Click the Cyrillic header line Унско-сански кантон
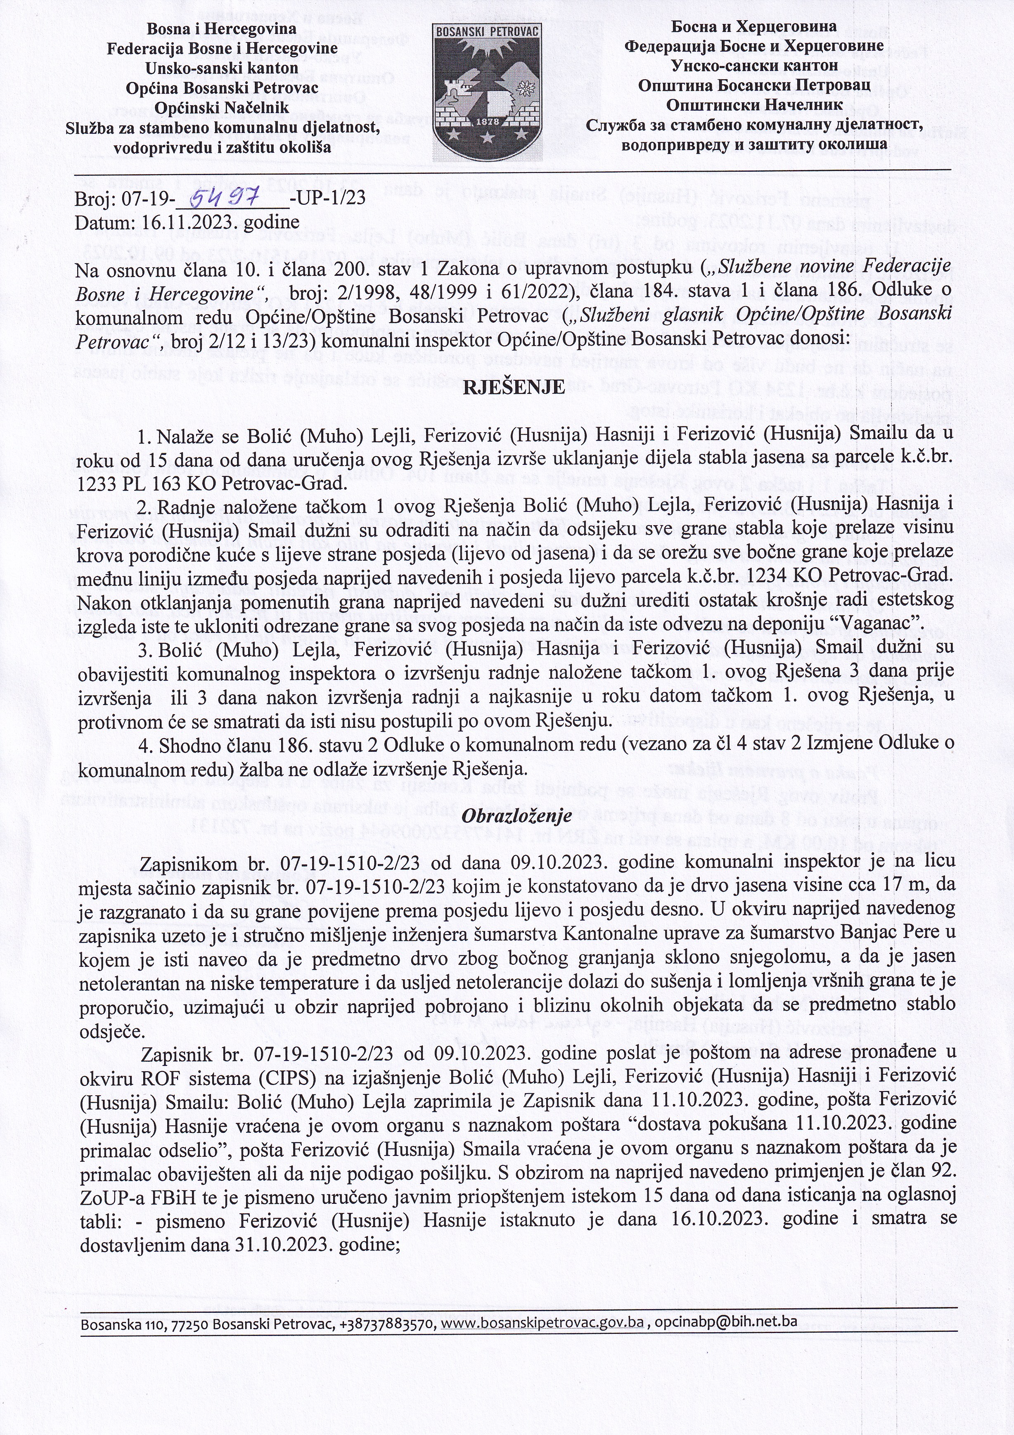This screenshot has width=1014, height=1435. pos(754,65)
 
